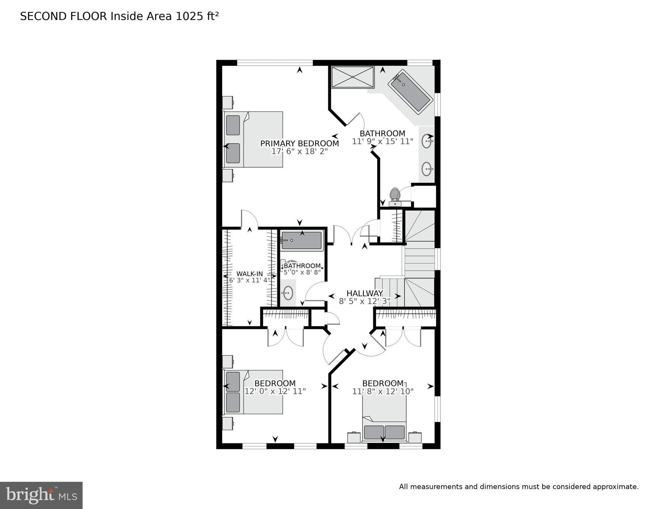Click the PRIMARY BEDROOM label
point(299,143)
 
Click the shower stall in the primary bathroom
point(353,77)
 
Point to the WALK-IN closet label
point(249,274)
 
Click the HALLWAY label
point(364,293)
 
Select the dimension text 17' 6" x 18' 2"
point(299,152)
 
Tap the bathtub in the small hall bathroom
point(301,240)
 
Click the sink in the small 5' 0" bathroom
point(288,293)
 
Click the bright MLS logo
point(41,495)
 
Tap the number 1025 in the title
point(188,16)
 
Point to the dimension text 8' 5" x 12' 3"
point(364,301)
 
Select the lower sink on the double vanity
point(427,169)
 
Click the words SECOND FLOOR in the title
point(64,16)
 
